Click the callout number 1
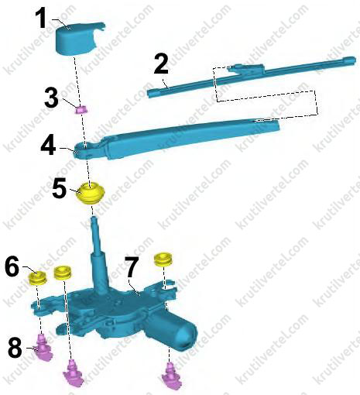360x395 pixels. [41, 18]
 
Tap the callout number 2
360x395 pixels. [161, 64]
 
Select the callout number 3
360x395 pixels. [52, 98]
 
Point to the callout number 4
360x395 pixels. [48, 146]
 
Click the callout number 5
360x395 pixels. [59, 188]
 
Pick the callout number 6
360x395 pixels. [12, 266]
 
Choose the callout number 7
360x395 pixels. [132, 267]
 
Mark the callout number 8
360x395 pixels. [15, 347]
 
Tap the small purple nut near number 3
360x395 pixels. [81, 110]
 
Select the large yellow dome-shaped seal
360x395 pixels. [90, 193]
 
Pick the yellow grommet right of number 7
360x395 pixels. [163, 259]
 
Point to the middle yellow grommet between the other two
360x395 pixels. [63, 273]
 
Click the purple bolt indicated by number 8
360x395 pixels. [43, 347]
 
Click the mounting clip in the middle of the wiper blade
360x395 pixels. [246, 70]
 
